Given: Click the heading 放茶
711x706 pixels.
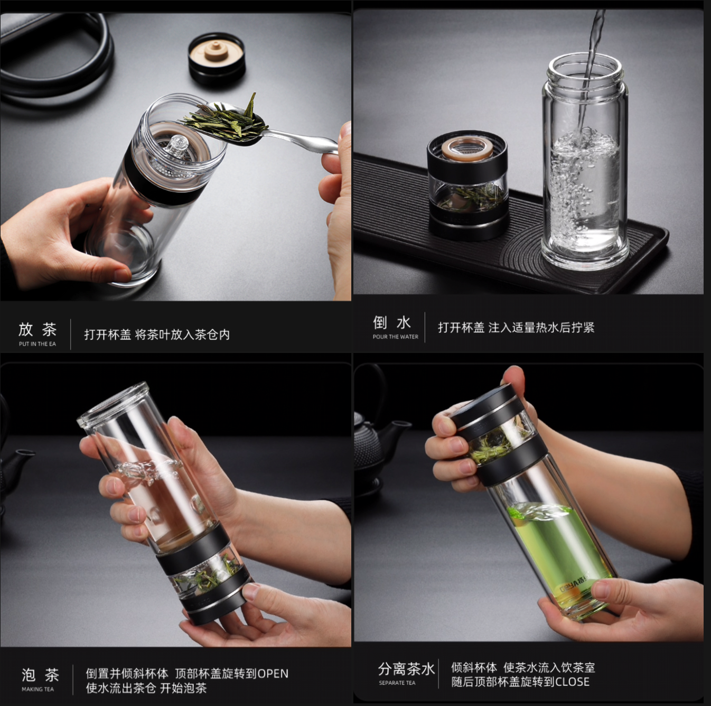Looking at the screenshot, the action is click(38, 329).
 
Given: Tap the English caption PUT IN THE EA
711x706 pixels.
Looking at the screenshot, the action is click(38, 344).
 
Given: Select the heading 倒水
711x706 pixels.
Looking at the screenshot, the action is click(391, 323).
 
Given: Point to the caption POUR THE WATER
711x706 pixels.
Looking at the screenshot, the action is click(395, 337).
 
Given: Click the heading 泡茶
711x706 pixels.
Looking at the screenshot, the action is click(40, 675).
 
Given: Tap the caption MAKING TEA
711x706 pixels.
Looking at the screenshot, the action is click(38, 689).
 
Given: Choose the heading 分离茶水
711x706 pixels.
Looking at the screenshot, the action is click(406, 669).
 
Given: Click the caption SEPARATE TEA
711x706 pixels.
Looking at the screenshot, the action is click(397, 683).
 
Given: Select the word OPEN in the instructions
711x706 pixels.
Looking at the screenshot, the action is click(273, 674).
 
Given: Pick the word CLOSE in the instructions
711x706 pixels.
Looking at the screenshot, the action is click(572, 682).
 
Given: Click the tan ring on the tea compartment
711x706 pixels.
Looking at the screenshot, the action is click(463, 150).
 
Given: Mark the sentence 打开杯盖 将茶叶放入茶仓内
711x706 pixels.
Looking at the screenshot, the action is click(157, 335).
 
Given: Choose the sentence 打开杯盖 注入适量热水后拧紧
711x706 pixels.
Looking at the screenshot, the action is click(516, 328).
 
